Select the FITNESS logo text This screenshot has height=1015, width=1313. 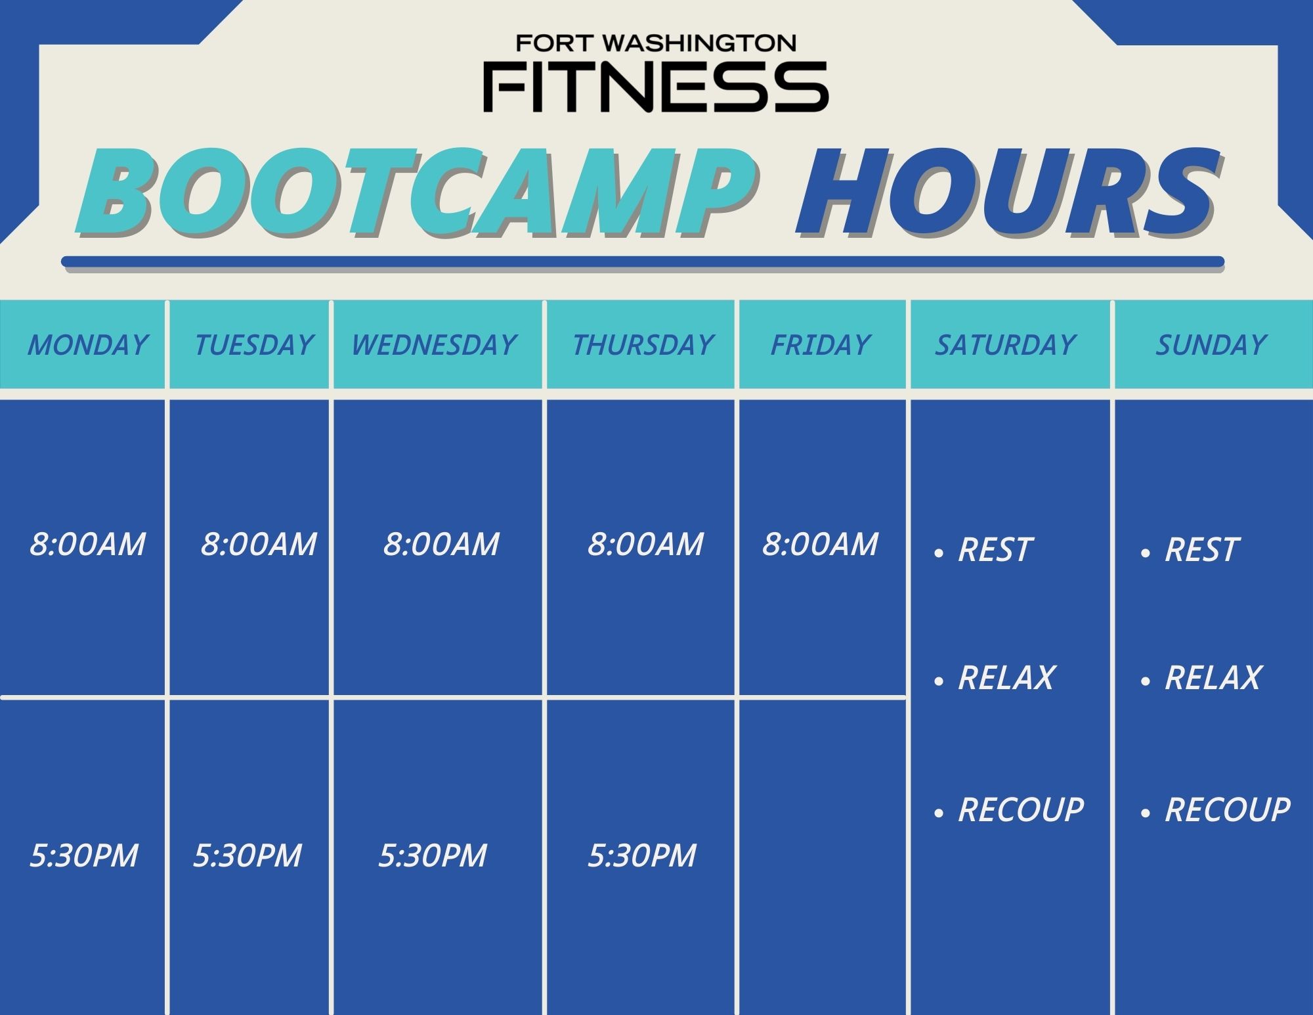coord(656,87)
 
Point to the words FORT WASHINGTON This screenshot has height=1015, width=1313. coord(656,43)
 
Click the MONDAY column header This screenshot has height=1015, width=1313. coord(87,345)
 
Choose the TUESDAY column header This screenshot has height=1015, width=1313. coord(253,345)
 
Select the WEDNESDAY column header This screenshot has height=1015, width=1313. coord(434,345)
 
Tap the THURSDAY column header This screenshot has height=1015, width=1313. coord(643,345)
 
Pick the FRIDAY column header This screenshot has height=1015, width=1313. coord(820,345)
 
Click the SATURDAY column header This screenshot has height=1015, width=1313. coord(1005,345)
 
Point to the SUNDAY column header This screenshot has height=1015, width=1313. coord(1211,345)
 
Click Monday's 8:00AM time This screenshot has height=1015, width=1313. coord(87,545)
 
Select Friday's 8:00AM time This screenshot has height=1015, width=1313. coord(820,545)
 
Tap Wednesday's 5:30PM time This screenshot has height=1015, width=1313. coord(433,855)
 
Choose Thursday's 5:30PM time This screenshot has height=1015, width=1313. coord(641,855)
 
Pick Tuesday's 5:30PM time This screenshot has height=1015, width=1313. coord(247,855)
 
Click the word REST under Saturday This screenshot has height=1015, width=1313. coord(995,550)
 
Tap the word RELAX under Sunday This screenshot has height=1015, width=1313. coord(1213,678)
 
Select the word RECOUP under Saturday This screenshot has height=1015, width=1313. coord(1021,810)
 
